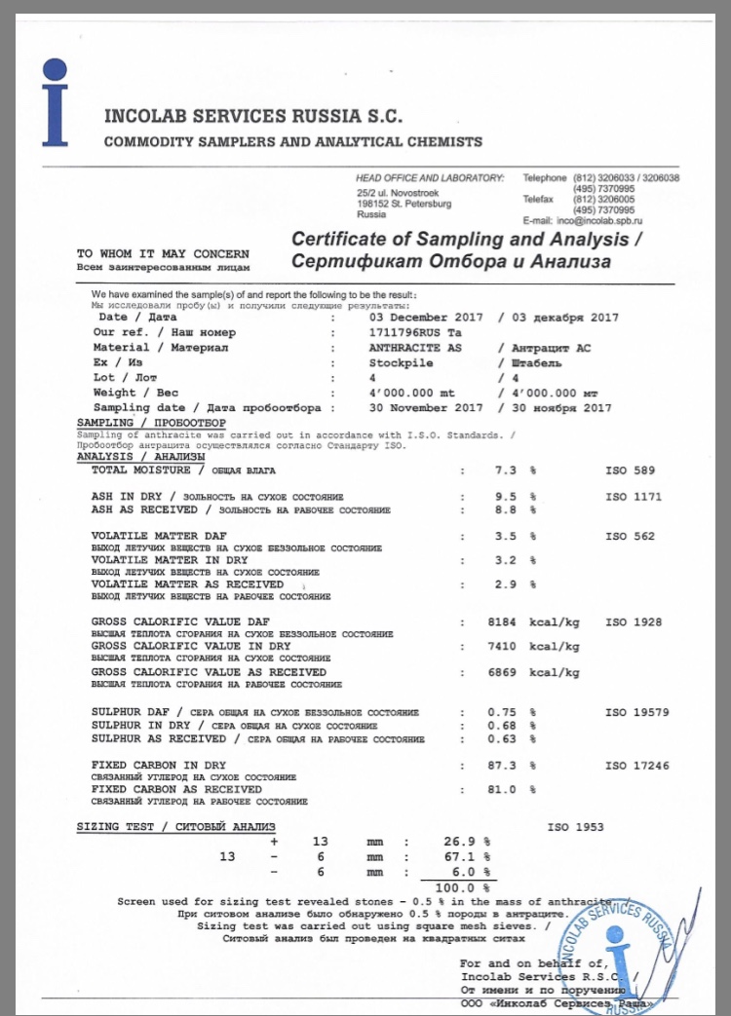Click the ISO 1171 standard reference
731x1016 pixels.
(634, 497)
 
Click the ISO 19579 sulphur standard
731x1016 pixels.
(637, 712)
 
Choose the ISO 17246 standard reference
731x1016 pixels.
(637, 766)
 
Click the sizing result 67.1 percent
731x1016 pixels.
(460, 856)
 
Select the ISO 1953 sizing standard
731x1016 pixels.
(576, 827)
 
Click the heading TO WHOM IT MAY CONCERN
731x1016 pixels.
(163, 253)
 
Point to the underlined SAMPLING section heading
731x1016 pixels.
(150, 423)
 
